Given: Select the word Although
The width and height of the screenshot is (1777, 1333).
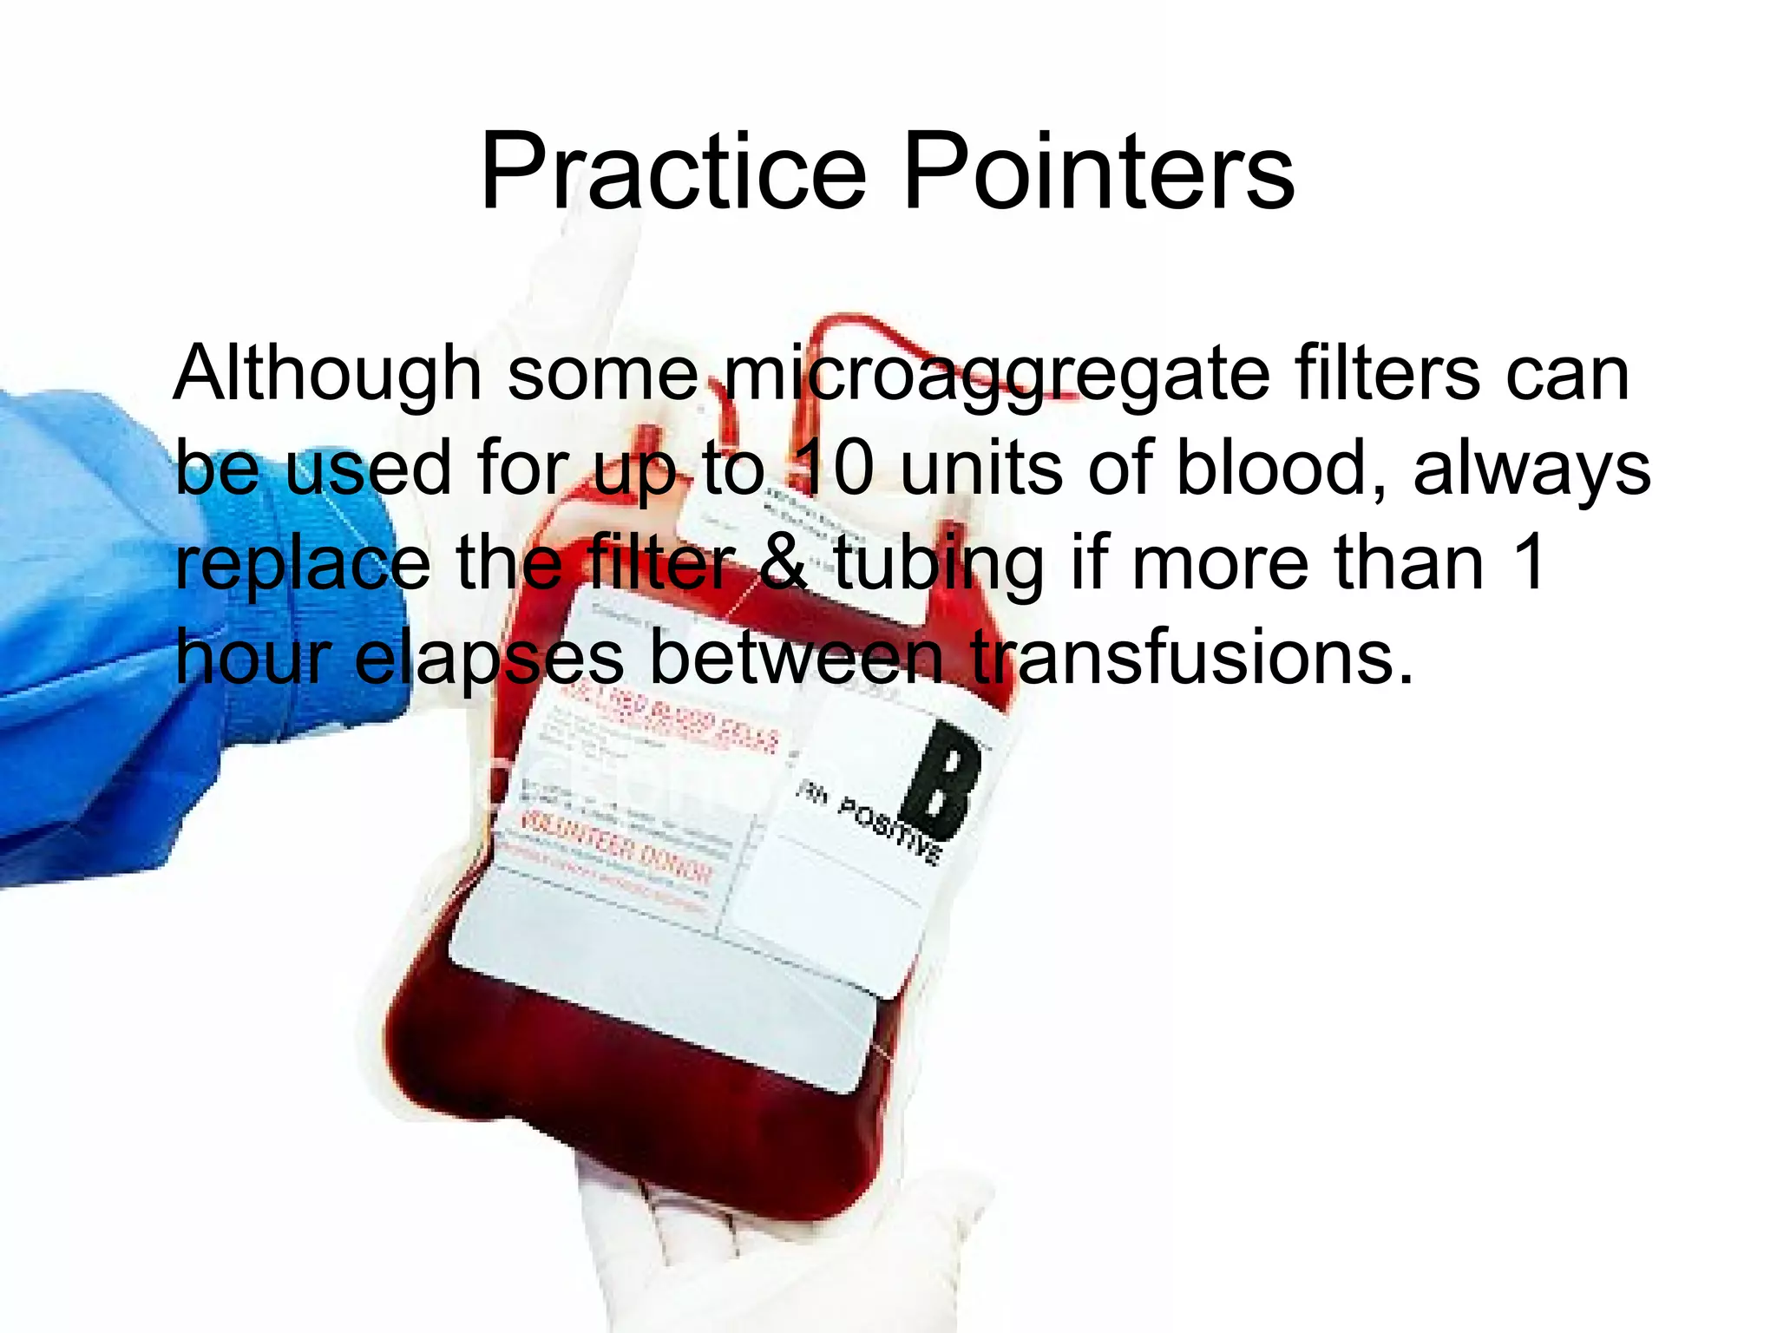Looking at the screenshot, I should click(x=327, y=375).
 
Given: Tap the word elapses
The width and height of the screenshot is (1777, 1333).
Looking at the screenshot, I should click(x=489, y=657).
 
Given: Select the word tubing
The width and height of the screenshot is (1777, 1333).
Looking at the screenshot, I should click(x=939, y=565).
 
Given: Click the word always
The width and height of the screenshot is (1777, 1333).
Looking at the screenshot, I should click(x=1531, y=470).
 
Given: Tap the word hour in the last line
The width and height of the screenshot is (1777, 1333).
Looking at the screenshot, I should click(x=253, y=657).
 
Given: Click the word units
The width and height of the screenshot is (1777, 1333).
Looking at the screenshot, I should click(x=981, y=470).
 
